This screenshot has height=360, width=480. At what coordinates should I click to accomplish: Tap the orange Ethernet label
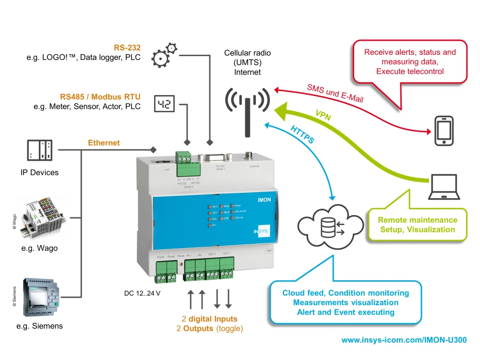pyautogui.click(x=104, y=143)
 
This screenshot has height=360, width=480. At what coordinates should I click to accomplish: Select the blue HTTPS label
pyautogui.click(x=302, y=134)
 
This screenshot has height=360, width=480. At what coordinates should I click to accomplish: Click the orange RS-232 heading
pyautogui.click(x=127, y=48)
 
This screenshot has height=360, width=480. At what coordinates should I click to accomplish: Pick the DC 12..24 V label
pyautogui.click(x=142, y=293)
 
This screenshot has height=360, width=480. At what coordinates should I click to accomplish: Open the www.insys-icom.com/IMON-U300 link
pyautogui.click(x=403, y=340)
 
